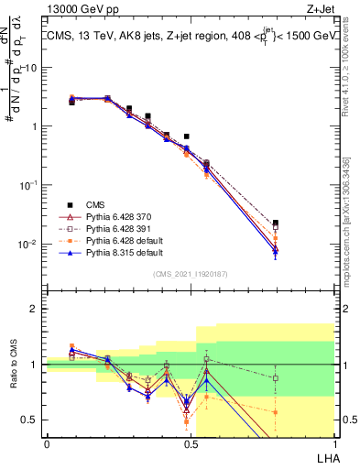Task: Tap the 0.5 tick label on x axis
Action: tap(191, 443)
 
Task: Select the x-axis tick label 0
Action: tap(47, 443)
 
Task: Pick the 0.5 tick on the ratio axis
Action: tap(33, 420)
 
